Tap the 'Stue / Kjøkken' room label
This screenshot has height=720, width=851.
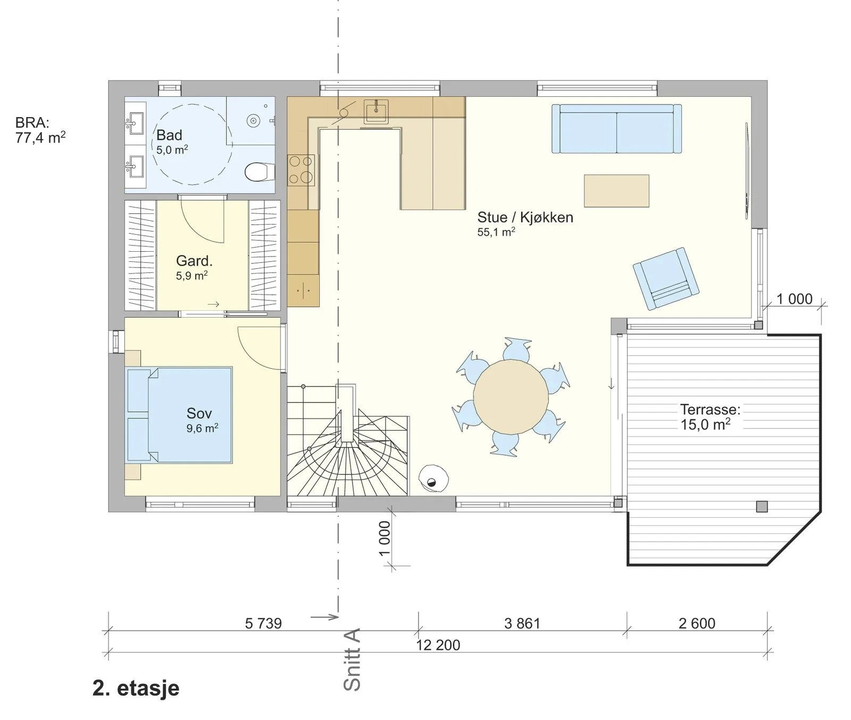pyautogui.click(x=525, y=217)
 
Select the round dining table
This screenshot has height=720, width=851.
pyautogui.click(x=511, y=397)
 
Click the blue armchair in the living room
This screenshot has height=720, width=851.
pyautogui.click(x=666, y=278)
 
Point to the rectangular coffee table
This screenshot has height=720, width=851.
pyautogui.click(x=616, y=191)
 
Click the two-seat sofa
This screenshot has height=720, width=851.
pyautogui.click(x=616, y=129)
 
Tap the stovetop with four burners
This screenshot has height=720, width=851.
pyautogui.click(x=301, y=170)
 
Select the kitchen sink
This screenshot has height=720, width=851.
pyautogui.click(x=377, y=110)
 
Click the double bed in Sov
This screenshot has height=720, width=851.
pyautogui.click(x=180, y=415)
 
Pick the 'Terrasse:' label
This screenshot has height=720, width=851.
pyautogui.click(x=710, y=409)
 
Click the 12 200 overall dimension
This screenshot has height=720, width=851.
pyautogui.click(x=438, y=645)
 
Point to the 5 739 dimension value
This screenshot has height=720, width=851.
pyautogui.click(x=263, y=623)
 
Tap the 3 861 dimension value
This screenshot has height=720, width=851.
pyautogui.click(x=522, y=623)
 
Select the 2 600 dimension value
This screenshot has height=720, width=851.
pyautogui.click(x=697, y=623)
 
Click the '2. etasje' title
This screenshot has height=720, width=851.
pyautogui.click(x=136, y=688)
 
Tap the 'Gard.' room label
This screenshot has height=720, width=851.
pyautogui.click(x=194, y=261)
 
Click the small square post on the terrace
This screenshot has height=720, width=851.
pyautogui.click(x=762, y=506)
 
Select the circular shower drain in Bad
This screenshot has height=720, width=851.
pyautogui.click(x=253, y=120)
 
